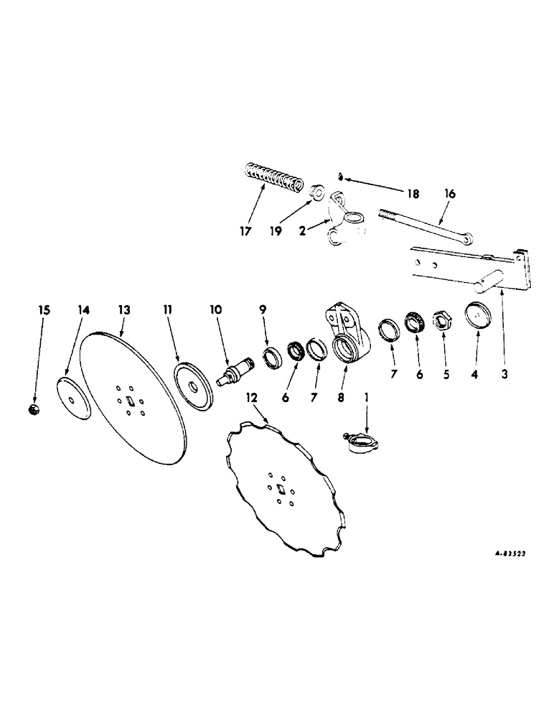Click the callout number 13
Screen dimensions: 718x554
[124, 309]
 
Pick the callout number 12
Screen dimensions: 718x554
[250, 396]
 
